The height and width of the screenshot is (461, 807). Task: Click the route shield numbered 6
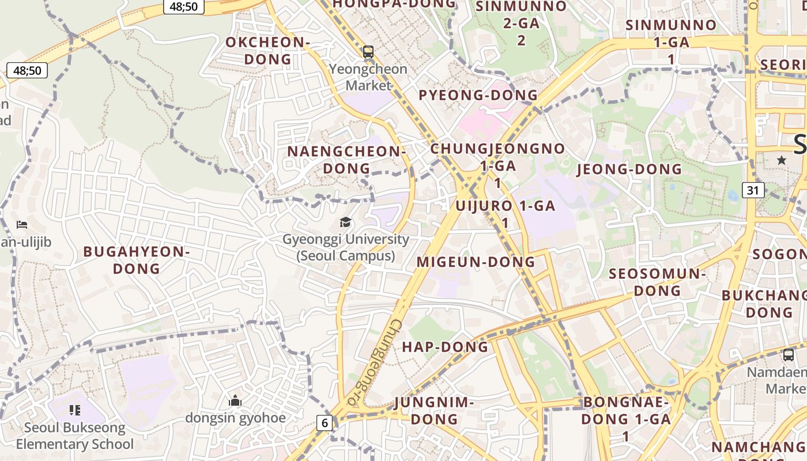[325, 423]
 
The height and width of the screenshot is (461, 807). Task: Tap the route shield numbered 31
[753, 190]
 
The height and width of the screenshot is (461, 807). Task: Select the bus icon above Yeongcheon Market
[368, 52]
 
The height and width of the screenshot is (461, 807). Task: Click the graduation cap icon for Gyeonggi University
[345, 222]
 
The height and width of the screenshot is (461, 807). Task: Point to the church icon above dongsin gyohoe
[235, 400]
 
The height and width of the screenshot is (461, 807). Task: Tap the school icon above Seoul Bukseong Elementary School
[74, 410]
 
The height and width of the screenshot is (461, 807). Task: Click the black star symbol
[781, 160]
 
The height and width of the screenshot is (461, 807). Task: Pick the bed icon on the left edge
[22, 224]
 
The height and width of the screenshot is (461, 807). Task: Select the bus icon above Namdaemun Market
[789, 355]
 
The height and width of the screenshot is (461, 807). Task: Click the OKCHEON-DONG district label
[267, 51]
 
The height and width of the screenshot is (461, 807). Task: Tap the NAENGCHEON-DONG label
[346, 160]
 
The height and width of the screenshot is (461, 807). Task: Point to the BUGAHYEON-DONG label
[137, 260]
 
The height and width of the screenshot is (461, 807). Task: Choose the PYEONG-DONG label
[478, 95]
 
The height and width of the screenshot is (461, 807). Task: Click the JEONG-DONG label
[629, 169]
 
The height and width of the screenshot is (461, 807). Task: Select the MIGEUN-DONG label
[476, 262]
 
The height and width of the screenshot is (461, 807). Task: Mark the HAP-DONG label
[445, 347]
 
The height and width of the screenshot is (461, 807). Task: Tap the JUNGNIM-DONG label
[434, 410]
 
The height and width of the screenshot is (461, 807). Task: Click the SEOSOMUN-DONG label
[657, 282]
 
